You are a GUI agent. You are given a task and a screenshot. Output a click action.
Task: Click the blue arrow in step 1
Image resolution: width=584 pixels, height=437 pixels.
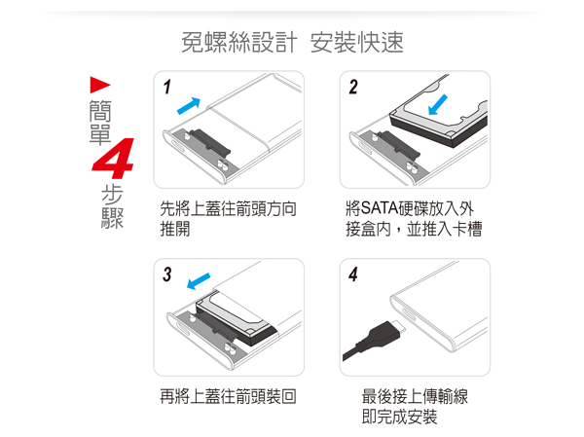pos(189,106)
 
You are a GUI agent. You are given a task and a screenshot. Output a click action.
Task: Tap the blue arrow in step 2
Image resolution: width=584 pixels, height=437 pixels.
pos(438,104)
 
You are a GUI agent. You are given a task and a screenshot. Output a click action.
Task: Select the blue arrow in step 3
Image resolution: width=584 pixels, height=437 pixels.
pos(199,281)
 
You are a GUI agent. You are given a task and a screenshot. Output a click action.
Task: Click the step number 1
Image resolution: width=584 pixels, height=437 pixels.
pos(166,88)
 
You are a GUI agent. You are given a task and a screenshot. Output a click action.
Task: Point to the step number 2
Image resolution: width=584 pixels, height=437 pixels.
pos(353,88)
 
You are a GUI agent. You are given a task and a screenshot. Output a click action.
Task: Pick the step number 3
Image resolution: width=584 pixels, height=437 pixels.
pos(166,274)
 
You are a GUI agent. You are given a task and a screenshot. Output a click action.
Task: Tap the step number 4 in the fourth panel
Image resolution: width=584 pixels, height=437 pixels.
pos(353,274)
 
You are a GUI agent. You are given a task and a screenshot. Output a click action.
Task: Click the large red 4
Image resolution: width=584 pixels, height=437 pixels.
pos(114,159)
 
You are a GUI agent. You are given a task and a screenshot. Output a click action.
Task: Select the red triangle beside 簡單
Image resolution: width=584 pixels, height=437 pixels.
pos(100,85)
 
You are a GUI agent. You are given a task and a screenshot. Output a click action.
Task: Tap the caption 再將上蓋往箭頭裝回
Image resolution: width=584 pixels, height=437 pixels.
pos(228,396)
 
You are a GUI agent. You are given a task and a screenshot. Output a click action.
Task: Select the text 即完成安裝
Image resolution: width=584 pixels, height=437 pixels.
pos(399,417)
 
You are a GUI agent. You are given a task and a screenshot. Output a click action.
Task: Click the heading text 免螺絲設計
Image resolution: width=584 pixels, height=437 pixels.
pos(239,42)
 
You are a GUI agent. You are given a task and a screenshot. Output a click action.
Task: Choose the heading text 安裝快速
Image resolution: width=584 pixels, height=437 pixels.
pos(357,42)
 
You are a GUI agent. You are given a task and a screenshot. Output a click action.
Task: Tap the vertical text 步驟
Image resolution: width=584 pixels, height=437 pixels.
pos(112,206)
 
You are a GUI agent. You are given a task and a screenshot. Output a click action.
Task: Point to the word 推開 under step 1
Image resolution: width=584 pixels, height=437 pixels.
pos(175,229)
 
